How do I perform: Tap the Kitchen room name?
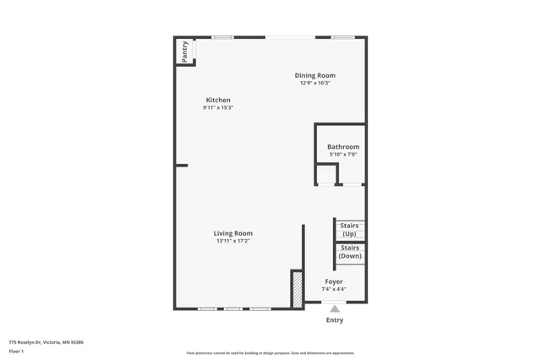pyautogui.click(x=217, y=100)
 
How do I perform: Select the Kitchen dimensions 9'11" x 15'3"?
pyautogui.click(x=217, y=108)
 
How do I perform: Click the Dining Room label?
pyautogui.click(x=314, y=75)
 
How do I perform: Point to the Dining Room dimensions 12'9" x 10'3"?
pyautogui.click(x=314, y=83)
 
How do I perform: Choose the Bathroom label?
pyautogui.click(x=343, y=147)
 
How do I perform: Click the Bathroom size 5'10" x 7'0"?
pyautogui.click(x=343, y=155)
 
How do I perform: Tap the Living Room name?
pyautogui.click(x=232, y=233)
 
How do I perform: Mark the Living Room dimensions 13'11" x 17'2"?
pyautogui.click(x=232, y=241)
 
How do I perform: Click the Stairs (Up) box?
pyautogui.click(x=349, y=229)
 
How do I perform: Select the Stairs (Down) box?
pyautogui.click(x=349, y=252)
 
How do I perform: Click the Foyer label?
pyautogui.click(x=334, y=281)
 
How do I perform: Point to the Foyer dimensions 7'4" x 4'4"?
pyautogui.click(x=334, y=289)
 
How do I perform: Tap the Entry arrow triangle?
pyautogui.click(x=335, y=309)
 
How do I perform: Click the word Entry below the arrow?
pyautogui.click(x=335, y=320)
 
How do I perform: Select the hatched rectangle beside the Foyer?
pyautogui.click(x=297, y=289)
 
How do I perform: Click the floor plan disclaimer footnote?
pyautogui.click(x=270, y=353)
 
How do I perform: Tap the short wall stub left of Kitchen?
pyautogui.click(x=181, y=166)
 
